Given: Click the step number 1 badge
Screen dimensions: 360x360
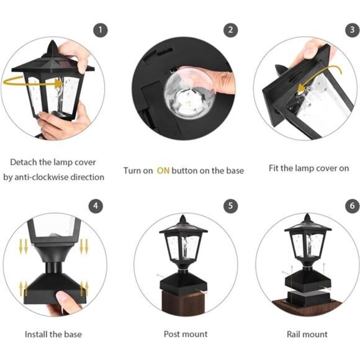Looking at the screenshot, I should tap(101, 30).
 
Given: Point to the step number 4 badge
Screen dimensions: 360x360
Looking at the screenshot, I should tap(95, 206).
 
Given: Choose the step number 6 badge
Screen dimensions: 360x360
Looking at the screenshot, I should tap(353, 206).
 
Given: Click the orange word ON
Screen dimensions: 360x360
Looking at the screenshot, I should tap(163, 170).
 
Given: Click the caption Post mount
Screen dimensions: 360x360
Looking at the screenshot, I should tap(186, 334).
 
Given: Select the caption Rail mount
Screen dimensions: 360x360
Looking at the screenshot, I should tap(308, 334).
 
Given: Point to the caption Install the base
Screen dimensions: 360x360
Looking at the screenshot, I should tap(53, 334).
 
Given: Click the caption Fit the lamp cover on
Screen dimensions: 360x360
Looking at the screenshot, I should tap(308, 168).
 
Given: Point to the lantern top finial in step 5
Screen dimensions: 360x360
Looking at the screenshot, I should tap(184, 218).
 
